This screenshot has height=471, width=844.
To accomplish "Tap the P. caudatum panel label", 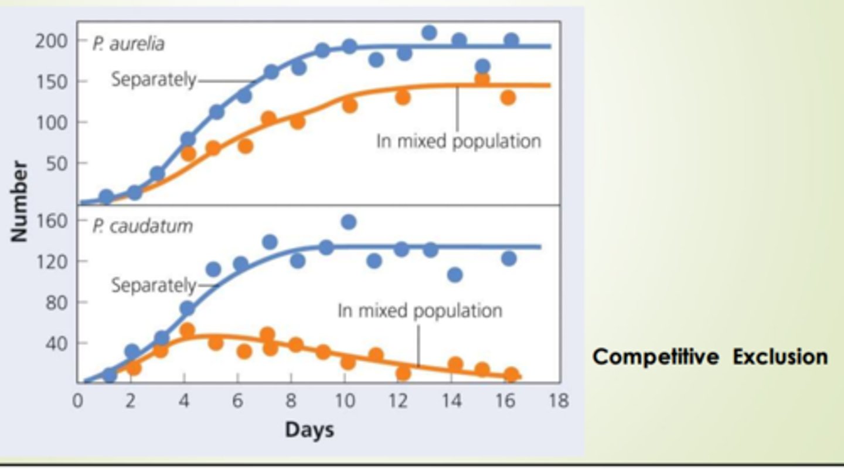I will (x=142, y=226).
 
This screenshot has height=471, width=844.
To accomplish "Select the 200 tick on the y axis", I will (x=52, y=41).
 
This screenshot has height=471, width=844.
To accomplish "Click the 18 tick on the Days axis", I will (x=559, y=401).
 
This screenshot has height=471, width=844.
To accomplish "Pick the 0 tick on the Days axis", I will (x=78, y=401).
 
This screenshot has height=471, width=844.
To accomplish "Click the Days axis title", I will (x=309, y=430).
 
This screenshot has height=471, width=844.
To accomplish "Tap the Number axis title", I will (x=19, y=201).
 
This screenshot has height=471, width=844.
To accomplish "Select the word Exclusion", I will (x=780, y=357).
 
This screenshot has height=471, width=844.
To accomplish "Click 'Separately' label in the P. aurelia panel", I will (x=154, y=80).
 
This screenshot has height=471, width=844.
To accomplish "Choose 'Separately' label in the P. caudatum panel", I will (x=154, y=286).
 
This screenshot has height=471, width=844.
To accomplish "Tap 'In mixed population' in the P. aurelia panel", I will (x=458, y=141).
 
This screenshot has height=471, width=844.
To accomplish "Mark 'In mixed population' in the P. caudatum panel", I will (x=420, y=310).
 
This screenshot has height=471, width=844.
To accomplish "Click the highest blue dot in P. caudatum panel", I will (x=349, y=222).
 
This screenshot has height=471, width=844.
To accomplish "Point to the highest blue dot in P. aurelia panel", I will (x=430, y=33).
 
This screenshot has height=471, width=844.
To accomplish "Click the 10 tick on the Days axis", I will (x=345, y=401).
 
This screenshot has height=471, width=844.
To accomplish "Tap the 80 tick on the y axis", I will (x=56, y=302).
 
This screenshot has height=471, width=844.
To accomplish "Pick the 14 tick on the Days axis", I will (x=452, y=401).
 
